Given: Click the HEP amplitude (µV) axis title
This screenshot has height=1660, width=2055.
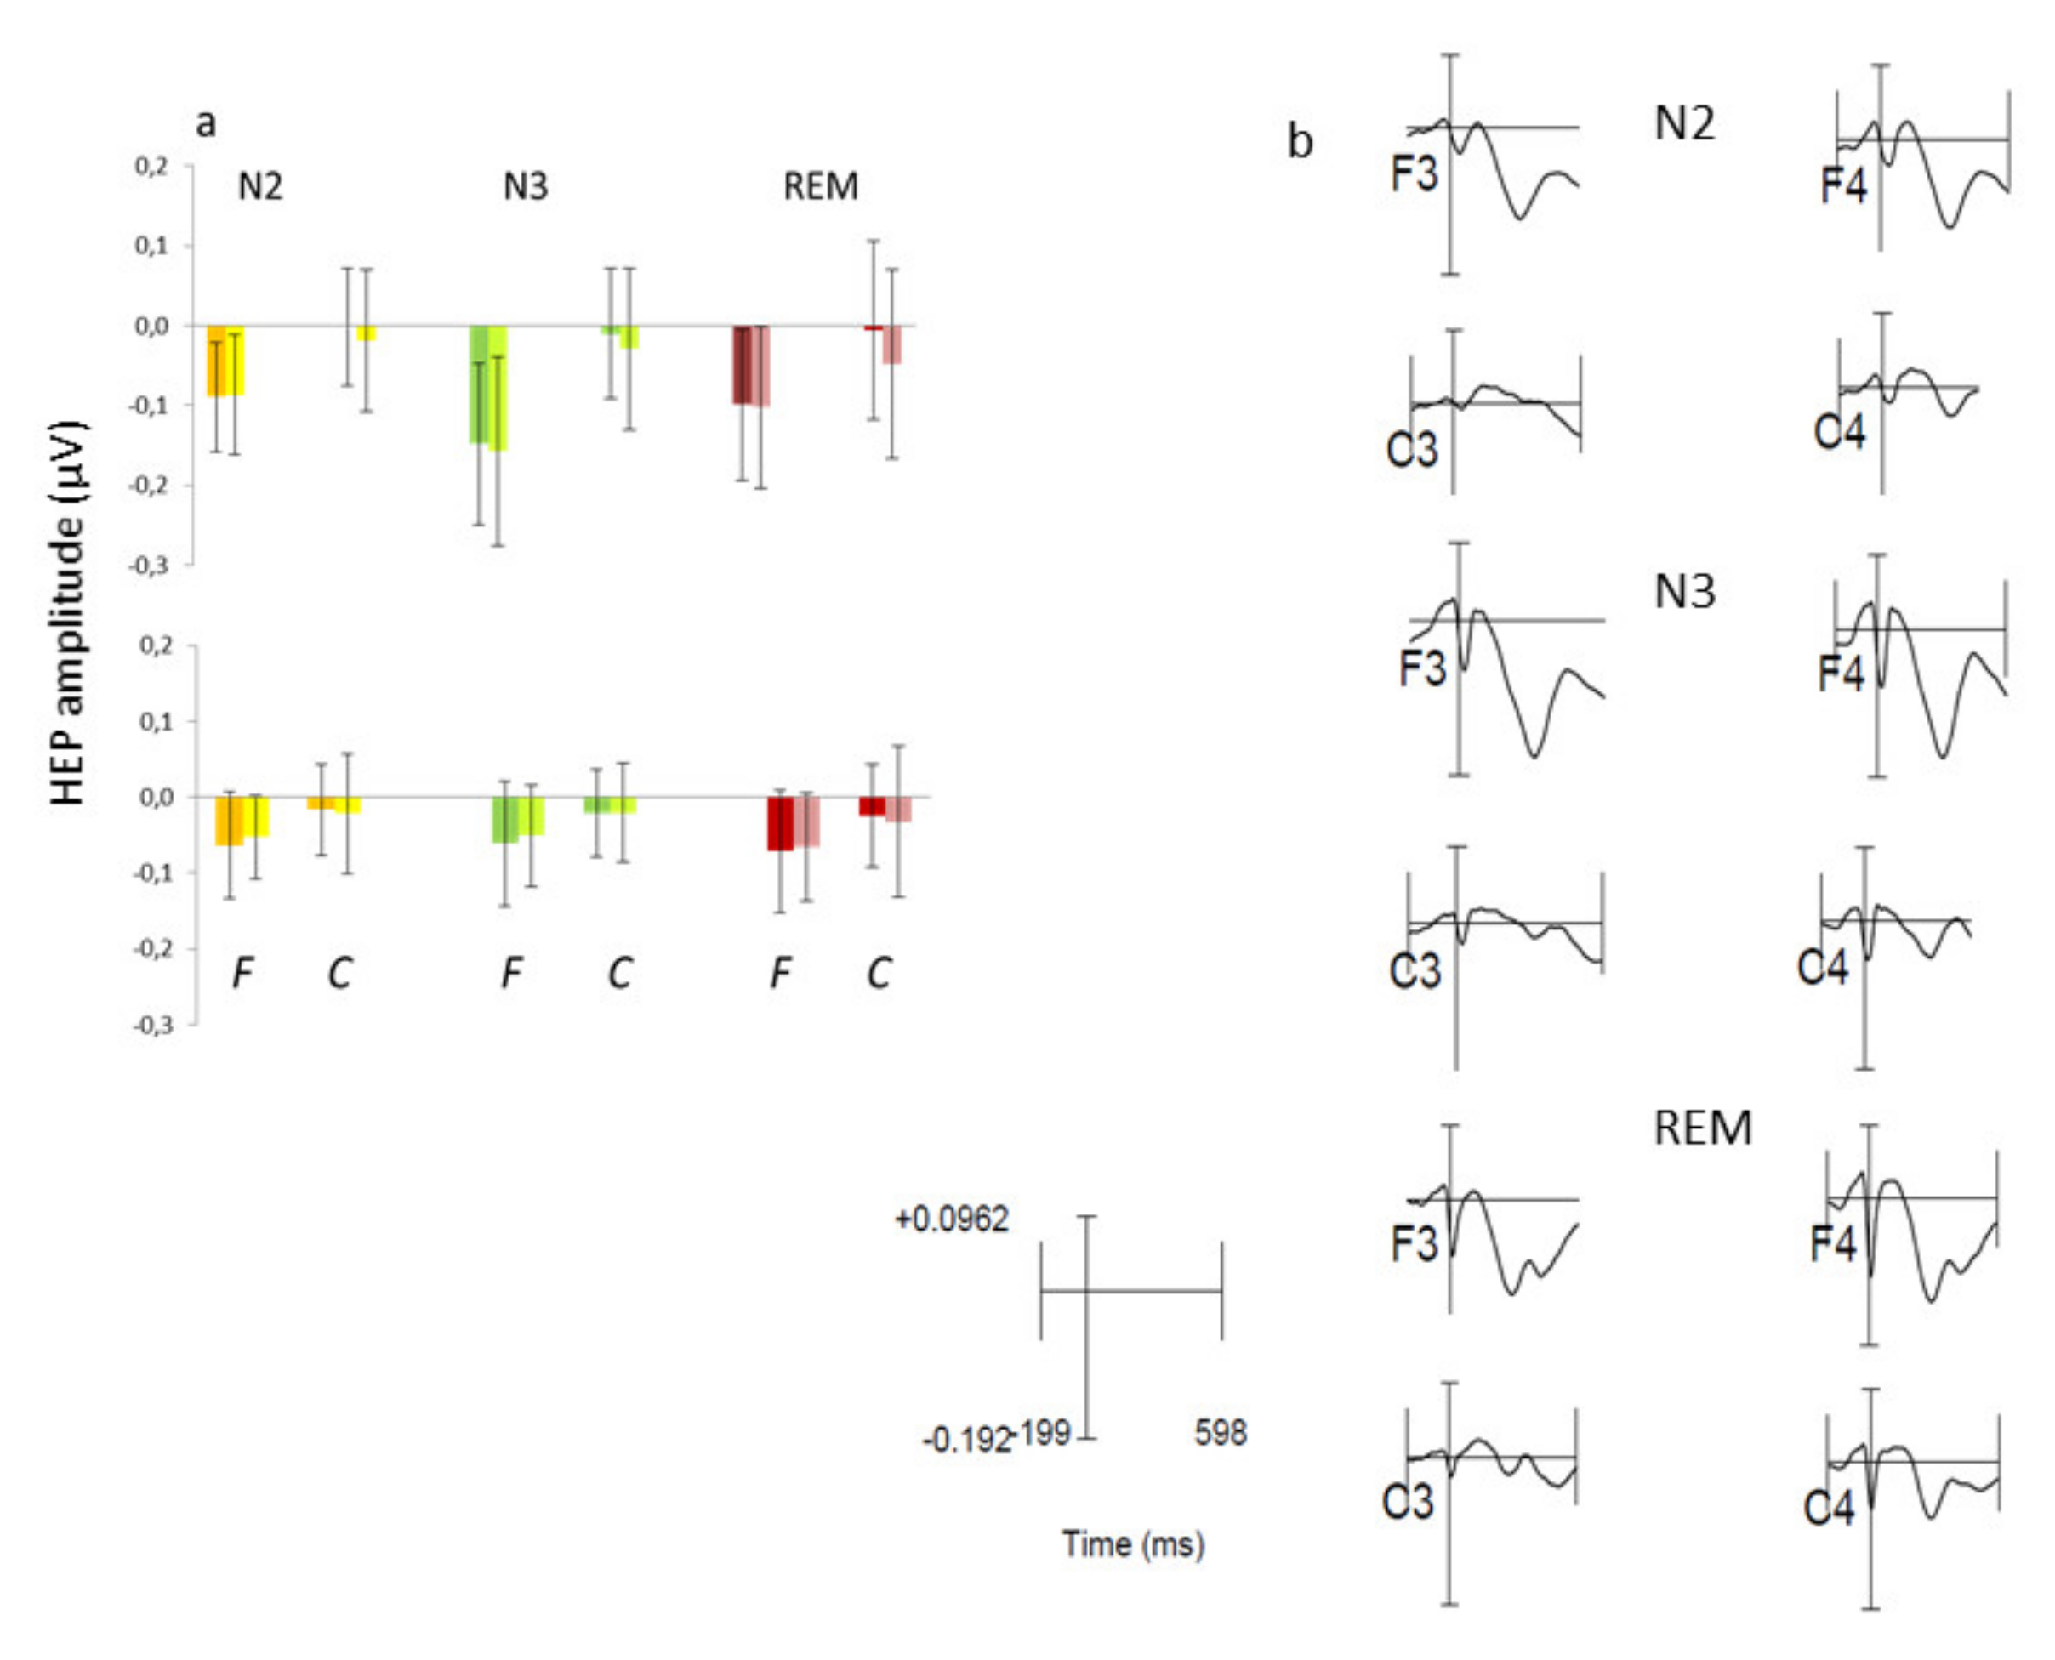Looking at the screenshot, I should click(x=69, y=612).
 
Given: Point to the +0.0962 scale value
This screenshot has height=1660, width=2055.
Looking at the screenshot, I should click(x=952, y=1219).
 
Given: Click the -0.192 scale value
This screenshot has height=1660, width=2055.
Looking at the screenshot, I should click(x=965, y=1440).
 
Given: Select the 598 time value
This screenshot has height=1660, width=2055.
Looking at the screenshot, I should click(x=1221, y=1432).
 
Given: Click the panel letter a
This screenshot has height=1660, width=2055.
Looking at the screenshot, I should click(x=206, y=122).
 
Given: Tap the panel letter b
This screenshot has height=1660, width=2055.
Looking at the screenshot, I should click(x=1300, y=141).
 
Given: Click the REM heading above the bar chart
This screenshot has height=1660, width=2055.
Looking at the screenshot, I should click(x=821, y=186).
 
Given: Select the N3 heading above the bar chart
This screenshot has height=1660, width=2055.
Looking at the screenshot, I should click(x=525, y=186).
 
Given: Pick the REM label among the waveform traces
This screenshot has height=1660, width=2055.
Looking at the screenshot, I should click(x=1702, y=1128).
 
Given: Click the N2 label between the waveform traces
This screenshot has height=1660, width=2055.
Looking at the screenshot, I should click(x=1684, y=123).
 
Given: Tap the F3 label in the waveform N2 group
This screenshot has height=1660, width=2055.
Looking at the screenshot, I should click(x=1415, y=174).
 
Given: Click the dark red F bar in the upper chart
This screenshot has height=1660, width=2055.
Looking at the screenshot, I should click(x=742, y=364).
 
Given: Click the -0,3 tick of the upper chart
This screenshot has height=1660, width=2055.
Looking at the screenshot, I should click(x=151, y=566).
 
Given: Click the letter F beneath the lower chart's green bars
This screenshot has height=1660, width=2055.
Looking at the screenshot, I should click(x=511, y=973).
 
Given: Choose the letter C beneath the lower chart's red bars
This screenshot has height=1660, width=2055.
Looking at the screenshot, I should click(x=878, y=973).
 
